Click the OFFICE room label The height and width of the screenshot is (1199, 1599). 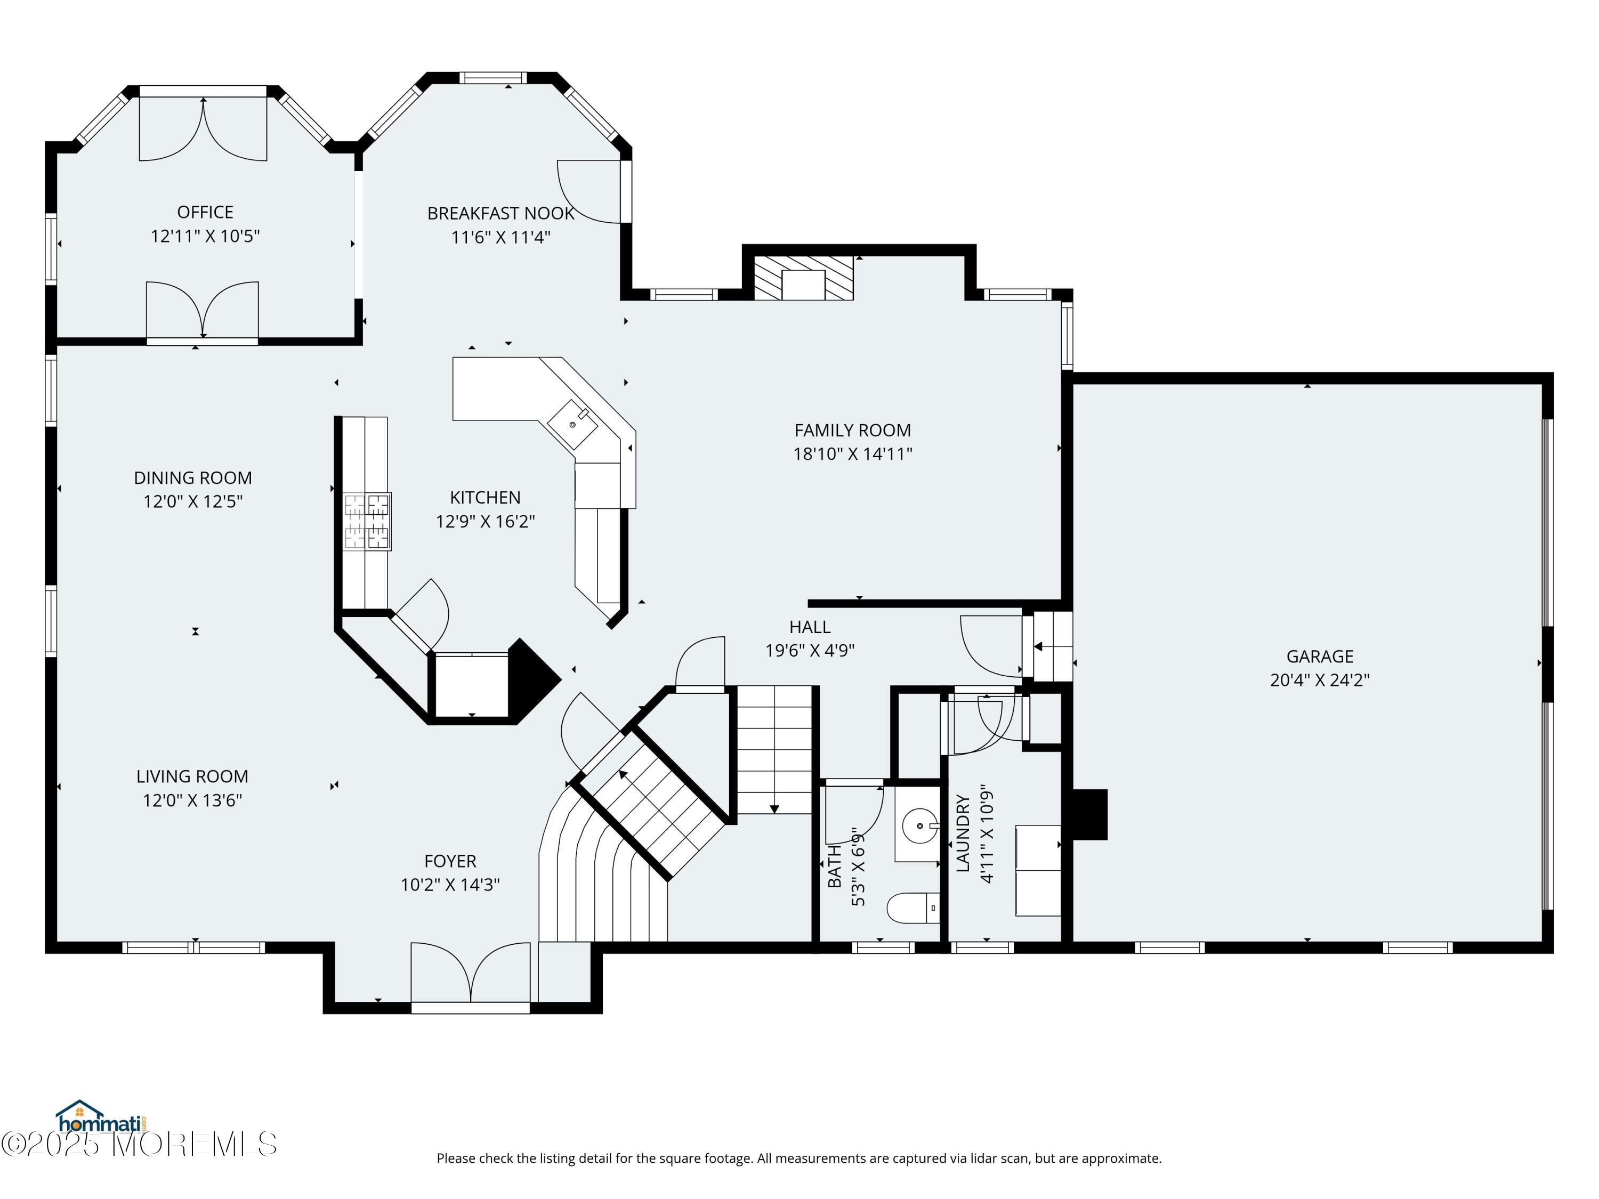click(205, 212)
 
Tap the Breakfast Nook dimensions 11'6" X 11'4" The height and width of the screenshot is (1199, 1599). click(500, 237)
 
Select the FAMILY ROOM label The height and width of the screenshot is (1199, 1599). click(852, 430)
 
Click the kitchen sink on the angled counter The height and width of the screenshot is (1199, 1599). click(572, 424)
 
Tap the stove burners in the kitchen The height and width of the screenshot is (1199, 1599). click(367, 521)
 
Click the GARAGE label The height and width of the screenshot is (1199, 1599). click(1319, 656)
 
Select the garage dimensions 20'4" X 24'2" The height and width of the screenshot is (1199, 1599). click(1319, 680)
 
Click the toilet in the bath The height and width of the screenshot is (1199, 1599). click(913, 908)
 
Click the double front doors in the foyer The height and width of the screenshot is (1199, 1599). click(471, 972)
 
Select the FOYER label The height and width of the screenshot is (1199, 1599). click(450, 861)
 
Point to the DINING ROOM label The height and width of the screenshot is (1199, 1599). click(192, 477)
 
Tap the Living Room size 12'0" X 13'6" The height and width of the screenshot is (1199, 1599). click(192, 800)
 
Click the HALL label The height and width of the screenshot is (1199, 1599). click(810, 627)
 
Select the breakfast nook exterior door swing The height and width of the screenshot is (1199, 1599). click(589, 192)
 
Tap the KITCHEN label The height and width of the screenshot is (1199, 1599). click(484, 497)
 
